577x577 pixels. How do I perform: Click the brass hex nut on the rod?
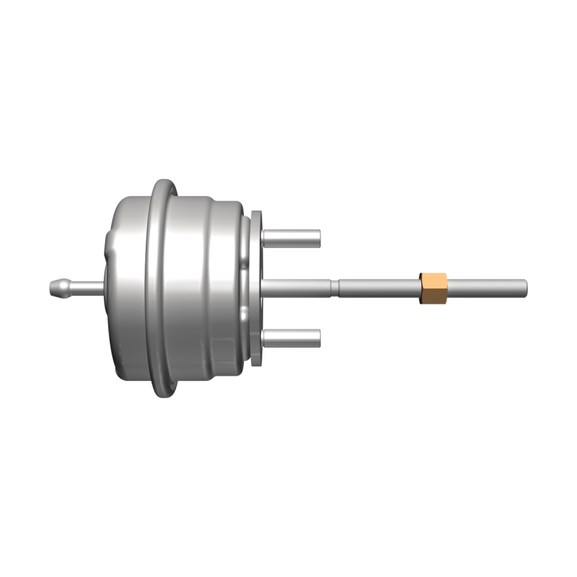point(433,288)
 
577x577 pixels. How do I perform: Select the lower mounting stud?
point(292,336)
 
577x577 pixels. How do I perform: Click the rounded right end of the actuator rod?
point(527,288)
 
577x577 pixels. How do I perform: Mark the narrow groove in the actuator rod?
point(335,287)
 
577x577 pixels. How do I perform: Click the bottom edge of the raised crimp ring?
point(162,392)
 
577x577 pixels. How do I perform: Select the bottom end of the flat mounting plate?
point(257,360)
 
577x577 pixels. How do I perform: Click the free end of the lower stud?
point(319,336)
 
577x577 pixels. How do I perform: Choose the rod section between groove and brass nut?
point(379,288)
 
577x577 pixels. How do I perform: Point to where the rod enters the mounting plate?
point(263,287)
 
